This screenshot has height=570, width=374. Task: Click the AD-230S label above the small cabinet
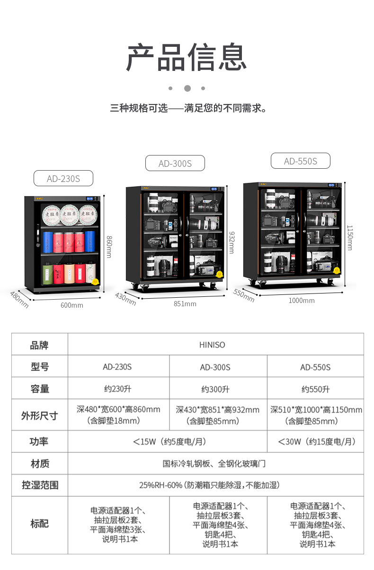click(x=63, y=179)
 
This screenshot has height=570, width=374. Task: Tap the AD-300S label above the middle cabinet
click(x=175, y=164)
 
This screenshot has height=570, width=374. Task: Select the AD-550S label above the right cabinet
click(x=300, y=161)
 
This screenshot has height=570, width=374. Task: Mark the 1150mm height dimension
click(x=350, y=237)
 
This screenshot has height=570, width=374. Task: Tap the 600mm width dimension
click(x=72, y=305)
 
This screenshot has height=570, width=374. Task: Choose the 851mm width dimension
click(x=185, y=304)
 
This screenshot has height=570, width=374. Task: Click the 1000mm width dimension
click(x=302, y=301)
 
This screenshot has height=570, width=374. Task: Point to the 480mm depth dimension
click(x=19, y=300)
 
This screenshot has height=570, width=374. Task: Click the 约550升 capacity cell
click(x=315, y=389)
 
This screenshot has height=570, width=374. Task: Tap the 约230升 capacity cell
click(x=118, y=389)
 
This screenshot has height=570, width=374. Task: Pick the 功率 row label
click(x=39, y=442)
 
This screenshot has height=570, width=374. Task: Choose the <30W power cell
click(x=316, y=442)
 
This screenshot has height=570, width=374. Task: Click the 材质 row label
click(x=39, y=464)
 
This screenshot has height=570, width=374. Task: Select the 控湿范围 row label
click(x=39, y=485)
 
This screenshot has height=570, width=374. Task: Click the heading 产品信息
click(x=187, y=58)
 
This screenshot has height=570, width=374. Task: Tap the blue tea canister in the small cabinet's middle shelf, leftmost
click(x=47, y=242)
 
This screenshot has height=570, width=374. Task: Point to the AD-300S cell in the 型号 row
click(x=215, y=367)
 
